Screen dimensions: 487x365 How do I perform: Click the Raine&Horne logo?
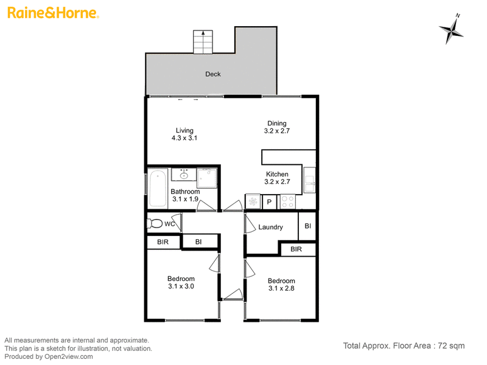[x=53, y=13]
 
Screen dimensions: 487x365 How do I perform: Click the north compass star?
[x=452, y=30]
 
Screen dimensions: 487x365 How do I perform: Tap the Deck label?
[x=212, y=74]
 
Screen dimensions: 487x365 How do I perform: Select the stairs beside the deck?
[x=203, y=42]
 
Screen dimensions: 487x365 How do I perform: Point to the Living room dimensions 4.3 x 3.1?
[x=184, y=138]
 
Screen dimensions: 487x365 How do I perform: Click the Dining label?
[x=277, y=123]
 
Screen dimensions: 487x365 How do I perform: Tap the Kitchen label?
[x=277, y=174]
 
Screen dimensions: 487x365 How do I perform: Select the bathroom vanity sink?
[x=184, y=175]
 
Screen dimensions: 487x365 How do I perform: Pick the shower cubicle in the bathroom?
[x=207, y=178]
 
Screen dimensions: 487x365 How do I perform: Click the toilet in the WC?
[x=155, y=223]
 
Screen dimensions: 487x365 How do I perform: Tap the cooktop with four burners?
[x=287, y=201]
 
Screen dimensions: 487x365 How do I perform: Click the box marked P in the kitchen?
[x=269, y=202]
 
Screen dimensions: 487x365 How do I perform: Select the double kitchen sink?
[x=309, y=180]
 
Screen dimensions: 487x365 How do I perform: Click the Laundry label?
[x=270, y=227]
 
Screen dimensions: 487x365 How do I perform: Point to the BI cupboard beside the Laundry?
[x=307, y=226]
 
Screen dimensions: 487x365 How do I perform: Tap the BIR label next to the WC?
[x=163, y=242]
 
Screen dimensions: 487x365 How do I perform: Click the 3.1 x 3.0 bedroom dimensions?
[x=181, y=287]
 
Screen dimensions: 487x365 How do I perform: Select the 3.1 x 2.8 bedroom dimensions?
[x=281, y=288]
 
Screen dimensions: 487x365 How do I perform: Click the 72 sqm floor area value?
[x=451, y=346]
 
